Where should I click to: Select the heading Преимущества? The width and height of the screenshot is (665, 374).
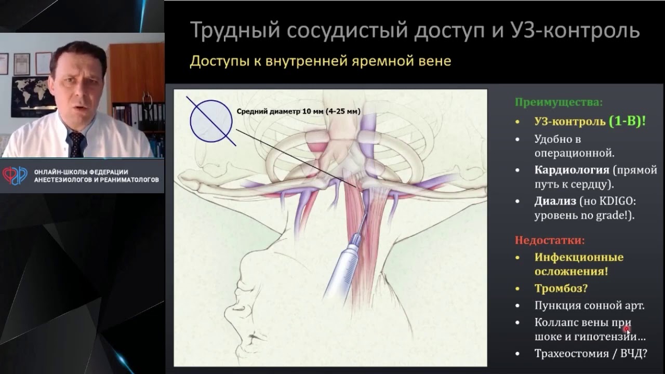[558, 102]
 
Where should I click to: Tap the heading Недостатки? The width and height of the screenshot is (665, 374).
[550, 241]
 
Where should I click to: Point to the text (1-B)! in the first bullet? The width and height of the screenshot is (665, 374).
[628, 122]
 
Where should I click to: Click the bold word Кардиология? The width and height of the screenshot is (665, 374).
[571, 170]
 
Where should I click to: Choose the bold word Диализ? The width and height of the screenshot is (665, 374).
[555, 201]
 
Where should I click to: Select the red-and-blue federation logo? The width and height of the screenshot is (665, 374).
[15, 176]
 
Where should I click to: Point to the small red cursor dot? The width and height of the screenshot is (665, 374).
[628, 328]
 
